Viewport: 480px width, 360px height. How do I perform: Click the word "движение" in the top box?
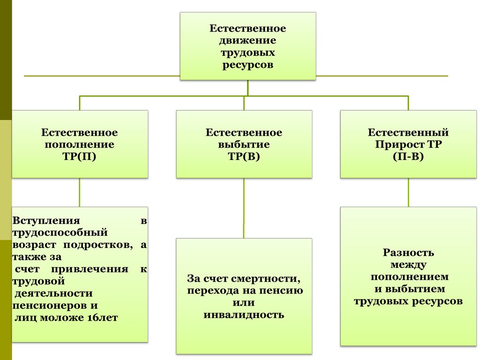tap(247, 41)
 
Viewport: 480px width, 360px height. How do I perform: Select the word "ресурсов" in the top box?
tap(247, 65)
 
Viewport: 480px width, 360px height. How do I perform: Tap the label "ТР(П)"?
tap(79, 157)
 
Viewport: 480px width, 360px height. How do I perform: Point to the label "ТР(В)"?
tap(244, 157)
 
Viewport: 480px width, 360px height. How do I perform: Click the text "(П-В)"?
tap(408, 157)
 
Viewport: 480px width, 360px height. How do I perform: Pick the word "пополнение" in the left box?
tap(79, 145)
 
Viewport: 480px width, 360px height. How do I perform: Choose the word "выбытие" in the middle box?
tap(244, 145)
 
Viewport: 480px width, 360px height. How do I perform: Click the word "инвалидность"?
tap(244, 315)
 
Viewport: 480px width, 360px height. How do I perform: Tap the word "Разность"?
tap(408, 253)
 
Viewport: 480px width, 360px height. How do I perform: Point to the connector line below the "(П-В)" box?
tap(408, 192)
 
